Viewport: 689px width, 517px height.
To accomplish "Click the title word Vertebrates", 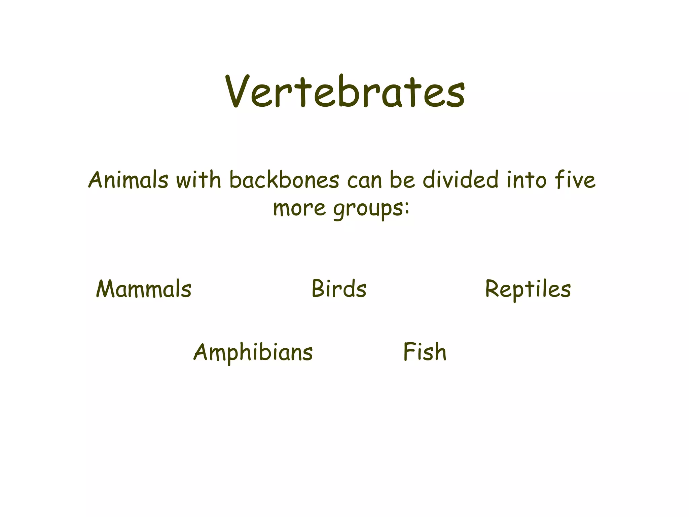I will click(x=345, y=92).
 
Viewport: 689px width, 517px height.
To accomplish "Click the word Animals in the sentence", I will click(x=128, y=180).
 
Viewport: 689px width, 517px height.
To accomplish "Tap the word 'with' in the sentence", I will click(x=198, y=180).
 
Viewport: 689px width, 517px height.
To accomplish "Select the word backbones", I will click(x=284, y=180).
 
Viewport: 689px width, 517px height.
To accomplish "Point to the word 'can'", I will click(x=364, y=180).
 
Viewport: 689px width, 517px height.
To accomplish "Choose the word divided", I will click(x=460, y=180).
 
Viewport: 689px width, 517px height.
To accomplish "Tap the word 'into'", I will click(x=527, y=180).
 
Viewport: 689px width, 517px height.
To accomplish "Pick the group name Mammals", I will click(x=144, y=289).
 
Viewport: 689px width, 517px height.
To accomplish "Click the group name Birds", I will click(x=339, y=289).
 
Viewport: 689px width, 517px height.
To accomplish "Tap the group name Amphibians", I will click(x=253, y=352).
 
